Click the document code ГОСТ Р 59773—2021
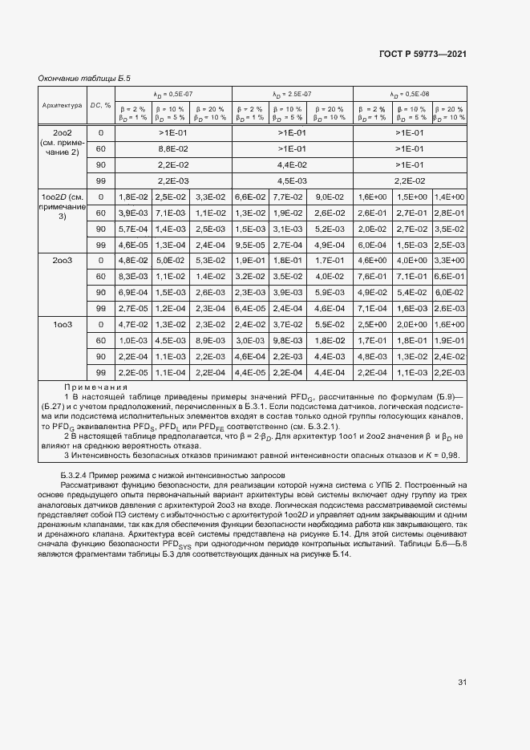422,54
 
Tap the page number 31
462,682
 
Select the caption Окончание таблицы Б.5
84,79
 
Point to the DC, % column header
100,104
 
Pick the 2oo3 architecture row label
62,261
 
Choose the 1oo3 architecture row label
62,324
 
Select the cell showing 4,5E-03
292,180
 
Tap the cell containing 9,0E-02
330,197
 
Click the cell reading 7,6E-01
372,277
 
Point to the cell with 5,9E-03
330,293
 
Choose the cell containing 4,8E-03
372,356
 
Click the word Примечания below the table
91,386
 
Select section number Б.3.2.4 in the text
77,476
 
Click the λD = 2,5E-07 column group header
292,94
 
